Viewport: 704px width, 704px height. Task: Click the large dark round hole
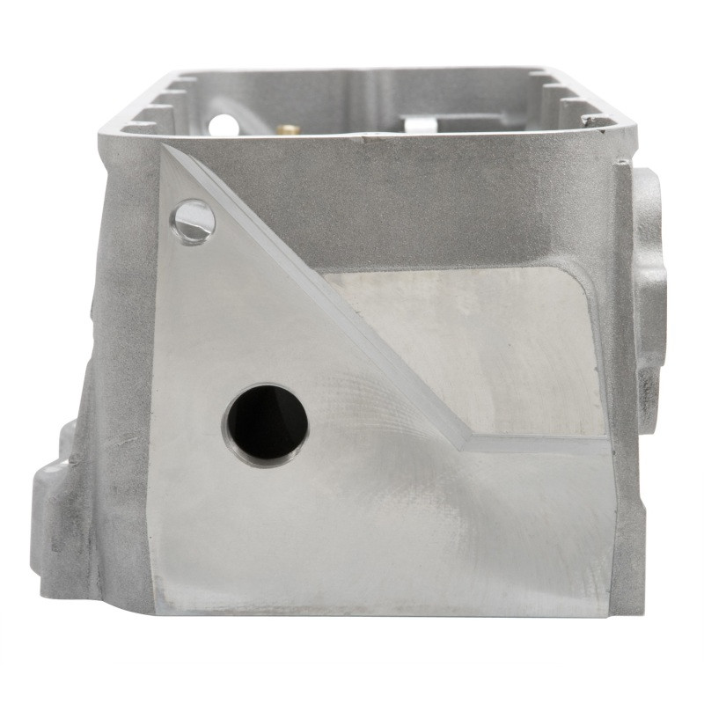[x=267, y=426]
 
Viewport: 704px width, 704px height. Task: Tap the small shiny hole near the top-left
[x=194, y=221]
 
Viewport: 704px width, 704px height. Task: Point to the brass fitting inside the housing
[x=286, y=128]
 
